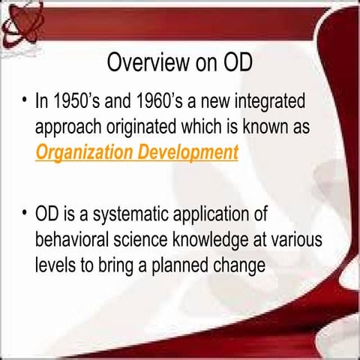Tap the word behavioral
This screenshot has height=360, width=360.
[x=74, y=241]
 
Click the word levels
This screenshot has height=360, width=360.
[x=57, y=267]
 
